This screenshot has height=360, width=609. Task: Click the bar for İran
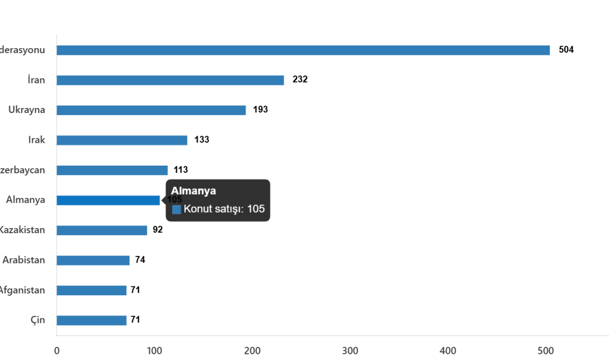[170, 80]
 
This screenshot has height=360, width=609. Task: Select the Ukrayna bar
[151, 110]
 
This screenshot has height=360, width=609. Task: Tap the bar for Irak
[122, 140]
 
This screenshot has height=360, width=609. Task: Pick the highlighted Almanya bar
[109, 200]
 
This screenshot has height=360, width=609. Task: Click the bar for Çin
[92, 320]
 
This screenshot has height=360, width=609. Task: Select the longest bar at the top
[303, 50]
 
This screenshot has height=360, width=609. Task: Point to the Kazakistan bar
[102, 230]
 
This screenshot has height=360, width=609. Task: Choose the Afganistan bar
[92, 290]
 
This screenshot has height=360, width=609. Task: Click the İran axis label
[37, 80]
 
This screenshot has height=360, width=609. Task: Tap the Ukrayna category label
[27, 110]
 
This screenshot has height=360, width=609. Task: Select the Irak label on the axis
[37, 140]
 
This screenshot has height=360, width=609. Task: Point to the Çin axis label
[38, 320]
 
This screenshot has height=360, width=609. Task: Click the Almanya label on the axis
[25, 200]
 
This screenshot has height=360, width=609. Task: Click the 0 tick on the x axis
[56, 351]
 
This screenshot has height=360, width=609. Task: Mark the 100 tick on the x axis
[154, 351]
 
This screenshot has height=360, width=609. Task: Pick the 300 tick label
[350, 351]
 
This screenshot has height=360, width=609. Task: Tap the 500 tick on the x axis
[545, 351]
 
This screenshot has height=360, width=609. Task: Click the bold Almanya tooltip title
[193, 191]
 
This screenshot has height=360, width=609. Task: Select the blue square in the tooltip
[177, 209]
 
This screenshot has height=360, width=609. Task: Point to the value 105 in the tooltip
[256, 209]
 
